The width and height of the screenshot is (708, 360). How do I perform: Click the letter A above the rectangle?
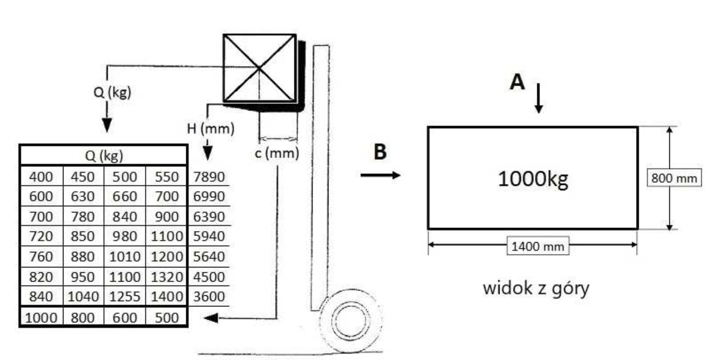tap(517, 82)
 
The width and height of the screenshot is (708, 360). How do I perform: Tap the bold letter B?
tap(380, 152)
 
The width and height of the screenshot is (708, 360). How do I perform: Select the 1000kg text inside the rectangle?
tap(533, 179)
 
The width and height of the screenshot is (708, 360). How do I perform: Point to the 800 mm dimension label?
tap(674, 178)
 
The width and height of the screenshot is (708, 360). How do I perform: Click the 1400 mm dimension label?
tap(538, 246)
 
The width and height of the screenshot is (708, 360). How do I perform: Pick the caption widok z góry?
tap(536, 288)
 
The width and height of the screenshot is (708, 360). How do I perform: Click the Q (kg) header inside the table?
tap(104, 156)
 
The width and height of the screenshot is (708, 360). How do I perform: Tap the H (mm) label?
tap(211, 129)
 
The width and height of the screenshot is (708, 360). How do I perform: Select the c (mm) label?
tap(277, 153)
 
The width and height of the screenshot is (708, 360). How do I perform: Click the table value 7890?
tap(209, 177)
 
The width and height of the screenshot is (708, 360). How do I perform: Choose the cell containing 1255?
tap(124, 297)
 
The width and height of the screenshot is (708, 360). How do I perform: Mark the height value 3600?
tap(209, 297)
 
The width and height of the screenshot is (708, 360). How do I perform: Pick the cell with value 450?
tap(83, 177)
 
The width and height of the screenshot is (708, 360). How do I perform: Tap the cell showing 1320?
tap(167, 277)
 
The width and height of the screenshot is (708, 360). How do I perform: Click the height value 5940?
tap(209, 236)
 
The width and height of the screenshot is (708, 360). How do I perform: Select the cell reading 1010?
tap(124, 257)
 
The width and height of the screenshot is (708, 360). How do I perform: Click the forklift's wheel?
tap(351, 321)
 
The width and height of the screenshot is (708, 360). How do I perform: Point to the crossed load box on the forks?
tap(260, 68)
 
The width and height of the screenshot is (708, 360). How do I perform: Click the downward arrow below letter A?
tap(539, 98)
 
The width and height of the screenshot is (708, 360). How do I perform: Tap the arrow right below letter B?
tap(380, 175)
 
